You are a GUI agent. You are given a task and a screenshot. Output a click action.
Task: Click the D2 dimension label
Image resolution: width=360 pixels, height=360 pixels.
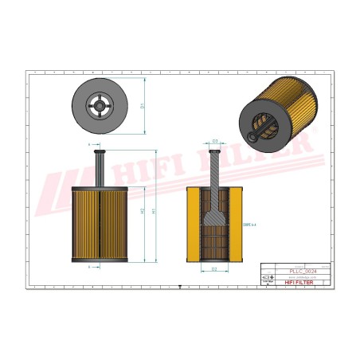tap(214, 269)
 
